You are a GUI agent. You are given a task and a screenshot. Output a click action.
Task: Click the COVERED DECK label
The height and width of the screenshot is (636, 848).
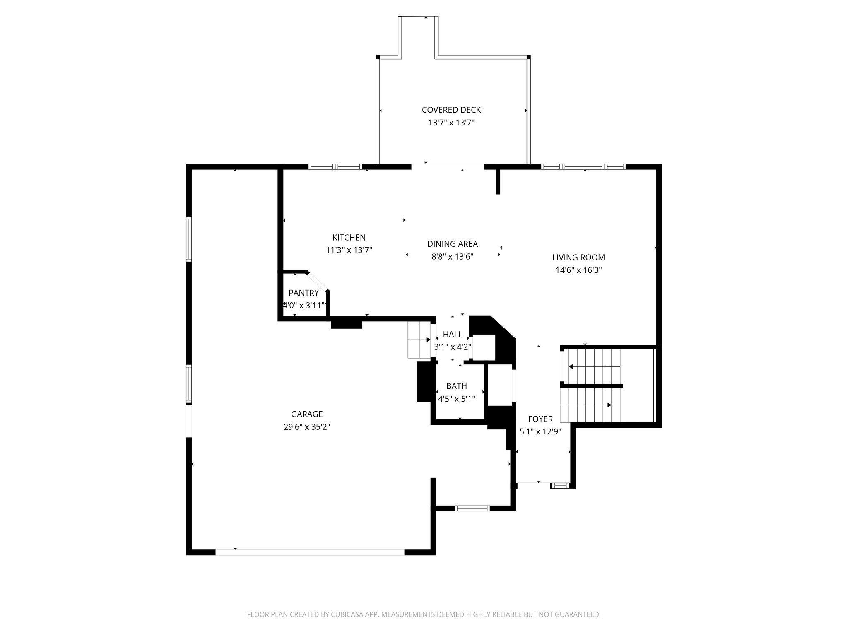[x=451, y=110]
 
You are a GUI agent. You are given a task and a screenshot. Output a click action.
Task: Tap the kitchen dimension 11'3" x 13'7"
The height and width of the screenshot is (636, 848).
[x=349, y=250]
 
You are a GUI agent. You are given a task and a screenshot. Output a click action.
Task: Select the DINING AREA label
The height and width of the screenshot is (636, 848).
[x=453, y=244]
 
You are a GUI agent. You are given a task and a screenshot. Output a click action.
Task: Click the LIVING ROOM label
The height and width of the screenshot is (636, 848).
[x=578, y=257]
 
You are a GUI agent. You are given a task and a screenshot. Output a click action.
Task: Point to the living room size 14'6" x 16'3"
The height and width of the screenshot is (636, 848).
[x=578, y=270]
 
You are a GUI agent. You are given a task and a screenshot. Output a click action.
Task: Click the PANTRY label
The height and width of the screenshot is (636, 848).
[x=304, y=293]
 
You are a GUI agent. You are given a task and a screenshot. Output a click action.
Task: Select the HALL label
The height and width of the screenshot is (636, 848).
[x=453, y=334]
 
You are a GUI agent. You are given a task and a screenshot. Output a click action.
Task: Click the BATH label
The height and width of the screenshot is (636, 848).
[x=457, y=386]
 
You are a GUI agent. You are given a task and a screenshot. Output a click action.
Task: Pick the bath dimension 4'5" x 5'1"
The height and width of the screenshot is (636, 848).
[x=457, y=399]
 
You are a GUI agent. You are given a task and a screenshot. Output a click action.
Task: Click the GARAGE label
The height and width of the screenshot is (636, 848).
[x=307, y=414]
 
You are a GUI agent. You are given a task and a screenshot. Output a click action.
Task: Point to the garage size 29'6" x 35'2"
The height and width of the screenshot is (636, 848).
[x=307, y=427]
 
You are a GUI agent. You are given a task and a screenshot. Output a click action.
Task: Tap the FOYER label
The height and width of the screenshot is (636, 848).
[x=540, y=419]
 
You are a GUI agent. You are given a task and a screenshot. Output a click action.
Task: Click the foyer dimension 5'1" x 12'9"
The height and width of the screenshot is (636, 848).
[x=540, y=431]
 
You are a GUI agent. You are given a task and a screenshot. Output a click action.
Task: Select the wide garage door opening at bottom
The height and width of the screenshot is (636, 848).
[x=310, y=552]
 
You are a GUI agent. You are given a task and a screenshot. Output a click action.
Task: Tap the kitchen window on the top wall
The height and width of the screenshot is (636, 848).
[x=335, y=167]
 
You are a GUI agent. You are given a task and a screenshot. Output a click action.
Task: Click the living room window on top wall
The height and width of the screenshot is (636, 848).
[x=583, y=167]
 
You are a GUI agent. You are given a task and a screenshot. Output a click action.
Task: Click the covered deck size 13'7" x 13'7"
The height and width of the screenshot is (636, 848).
[x=451, y=123]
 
